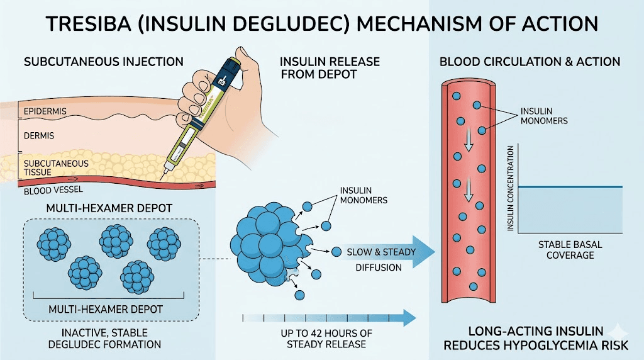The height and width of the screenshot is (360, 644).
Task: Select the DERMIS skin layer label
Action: click(40, 135)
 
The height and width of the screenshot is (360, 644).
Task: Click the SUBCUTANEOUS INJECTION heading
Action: click(104, 62)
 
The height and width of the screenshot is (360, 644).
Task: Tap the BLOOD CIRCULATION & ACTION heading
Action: click(530, 62)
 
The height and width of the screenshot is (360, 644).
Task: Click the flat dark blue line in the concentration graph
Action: click(570, 187)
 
